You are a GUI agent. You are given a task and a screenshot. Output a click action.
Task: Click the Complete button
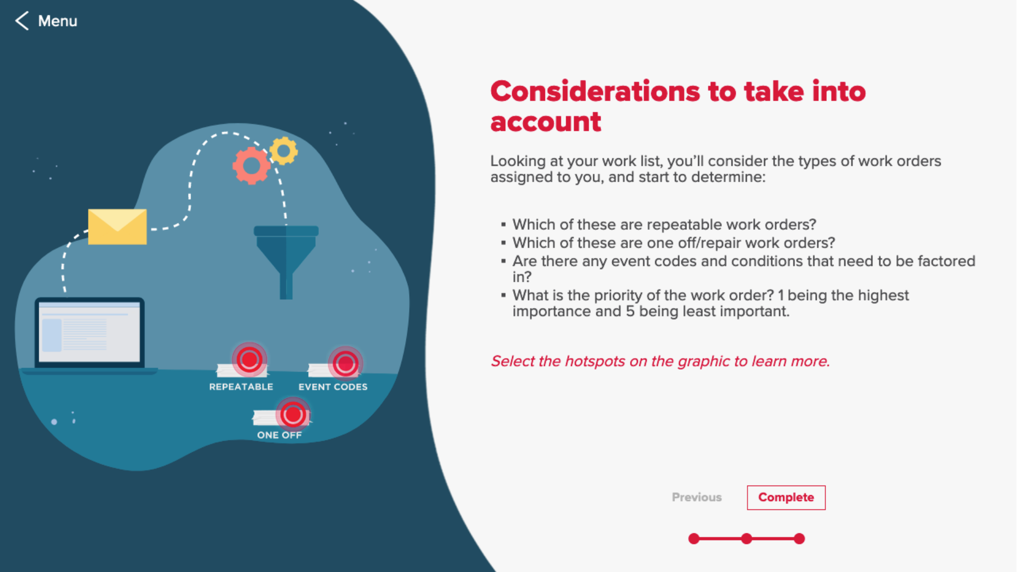click(x=786, y=497)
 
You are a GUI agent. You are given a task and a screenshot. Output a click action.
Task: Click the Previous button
click(x=697, y=497)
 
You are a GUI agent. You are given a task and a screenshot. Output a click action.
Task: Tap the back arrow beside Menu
click(x=22, y=21)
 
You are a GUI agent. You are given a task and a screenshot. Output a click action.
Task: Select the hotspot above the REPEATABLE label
click(x=249, y=360)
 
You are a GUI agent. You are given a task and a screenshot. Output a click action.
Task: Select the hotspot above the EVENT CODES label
click(x=345, y=363)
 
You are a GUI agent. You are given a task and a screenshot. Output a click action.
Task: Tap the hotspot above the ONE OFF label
click(x=293, y=414)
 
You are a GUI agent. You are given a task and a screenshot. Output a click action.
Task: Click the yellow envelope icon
click(x=117, y=227)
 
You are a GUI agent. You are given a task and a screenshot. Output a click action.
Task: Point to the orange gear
click(x=251, y=166)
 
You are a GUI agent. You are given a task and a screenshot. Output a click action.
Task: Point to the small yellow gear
click(x=284, y=151)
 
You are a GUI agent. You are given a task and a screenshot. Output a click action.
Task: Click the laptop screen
click(x=90, y=332)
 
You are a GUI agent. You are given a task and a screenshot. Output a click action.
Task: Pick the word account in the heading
click(x=546, y=122)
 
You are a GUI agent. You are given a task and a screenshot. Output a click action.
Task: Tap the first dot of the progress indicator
click(x=694, y=539)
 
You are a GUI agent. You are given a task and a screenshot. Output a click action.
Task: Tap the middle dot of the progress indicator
click(x=746, y=539)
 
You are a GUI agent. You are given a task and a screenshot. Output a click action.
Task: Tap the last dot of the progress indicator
click(x=799, y=539)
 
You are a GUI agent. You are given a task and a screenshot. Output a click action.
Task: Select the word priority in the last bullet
click(x=615, y=296)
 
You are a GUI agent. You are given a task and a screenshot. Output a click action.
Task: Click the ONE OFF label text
click(x=279, y=435)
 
